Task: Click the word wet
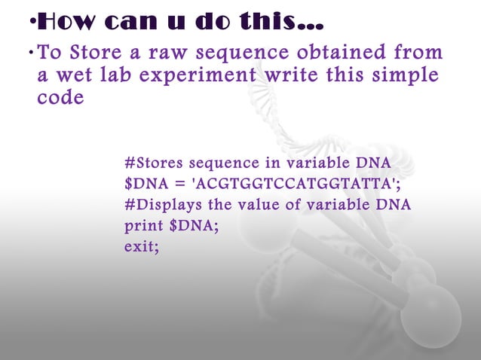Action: point(77,76)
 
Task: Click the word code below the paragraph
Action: point(60,98)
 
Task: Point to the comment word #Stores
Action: point(153,163)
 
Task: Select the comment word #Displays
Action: point(161,204)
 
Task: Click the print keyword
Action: point(141,225)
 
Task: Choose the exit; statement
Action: point(142,246)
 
